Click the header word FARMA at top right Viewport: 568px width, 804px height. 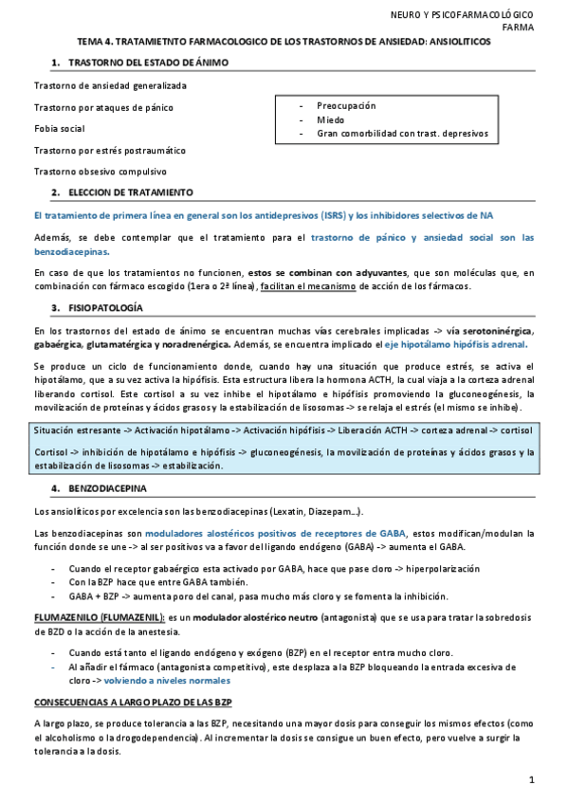click(x=517, y=27)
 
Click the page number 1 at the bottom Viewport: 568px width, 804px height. click(x=532, y=779)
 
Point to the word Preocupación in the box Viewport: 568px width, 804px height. click(x=346, y=105)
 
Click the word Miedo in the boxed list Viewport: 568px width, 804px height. click(x=331, y=119)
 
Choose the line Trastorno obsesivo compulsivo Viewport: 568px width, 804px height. click(x=100, y=172)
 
